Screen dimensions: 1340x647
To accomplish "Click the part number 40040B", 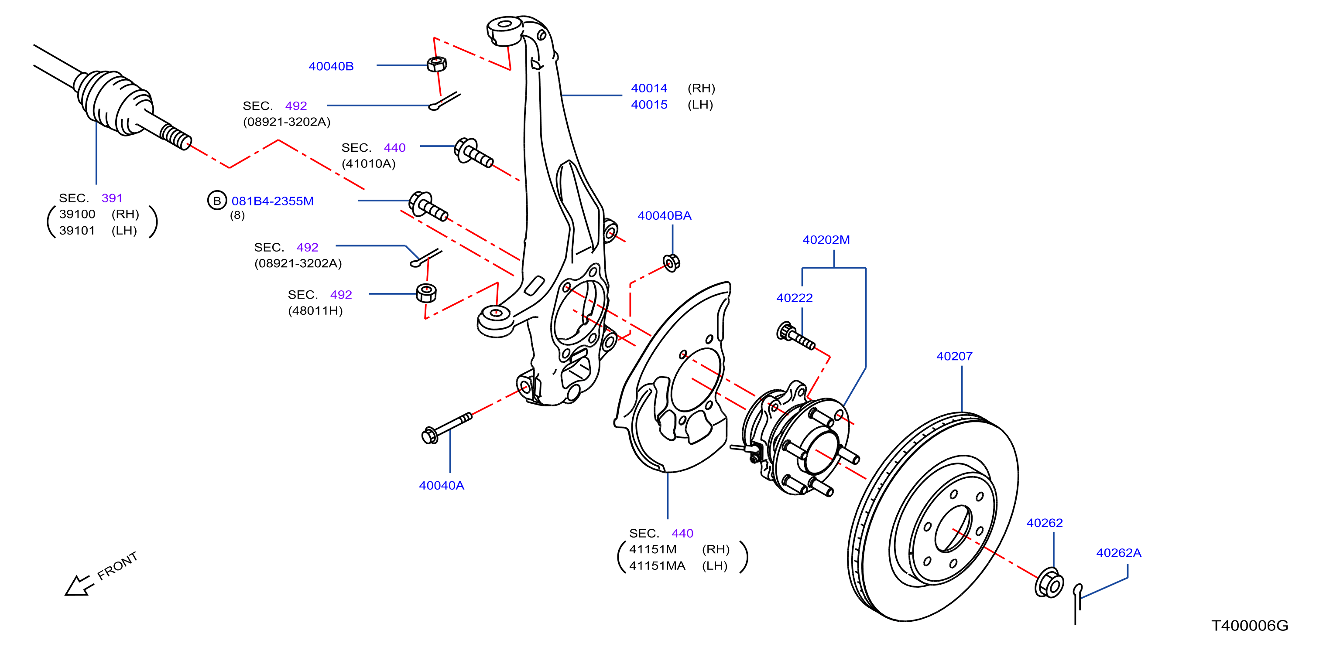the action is (331, 66).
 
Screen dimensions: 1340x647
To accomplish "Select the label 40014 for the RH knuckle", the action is (649, 89).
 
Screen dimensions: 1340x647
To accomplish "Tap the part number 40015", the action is (649, 105).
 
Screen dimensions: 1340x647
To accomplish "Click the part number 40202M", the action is (826, 239).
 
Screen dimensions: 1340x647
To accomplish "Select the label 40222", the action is (794, 298).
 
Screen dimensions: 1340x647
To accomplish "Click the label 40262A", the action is (1118, 553).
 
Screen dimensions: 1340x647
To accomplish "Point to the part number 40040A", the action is (441, 485).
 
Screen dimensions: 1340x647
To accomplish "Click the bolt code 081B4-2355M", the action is (273, 201).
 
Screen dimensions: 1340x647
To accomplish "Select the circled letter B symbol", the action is (217, 201).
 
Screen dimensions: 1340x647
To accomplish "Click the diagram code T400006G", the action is (1250, 625).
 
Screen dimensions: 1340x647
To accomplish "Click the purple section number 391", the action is (112, 198).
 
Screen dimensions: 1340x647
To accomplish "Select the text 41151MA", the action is (657, 566).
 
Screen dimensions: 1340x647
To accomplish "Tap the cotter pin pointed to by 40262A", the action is (1077, 603).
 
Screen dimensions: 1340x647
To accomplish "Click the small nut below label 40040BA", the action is (671, 263).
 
